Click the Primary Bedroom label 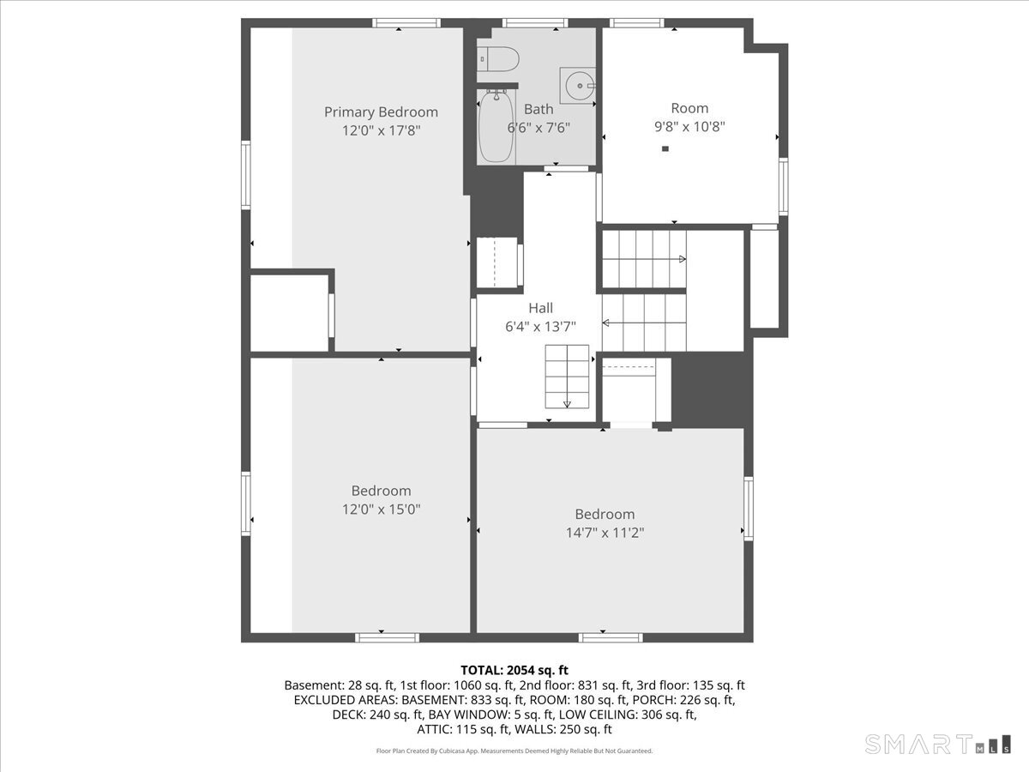[x=381, y=112]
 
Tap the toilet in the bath [x=498, y=59]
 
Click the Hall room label [x=540, y=308]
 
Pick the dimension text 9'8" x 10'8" [x=689, y=127]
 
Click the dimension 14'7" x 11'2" [x=605, y=533]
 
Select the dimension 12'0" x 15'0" [x=381, y=509]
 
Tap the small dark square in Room [x=665, y=149]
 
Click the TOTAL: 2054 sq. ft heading [x=514, y=670]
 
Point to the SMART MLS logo [x=937, y=744]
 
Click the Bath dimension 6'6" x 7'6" [x=539, y=128]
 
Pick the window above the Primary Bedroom [x=406, y=23]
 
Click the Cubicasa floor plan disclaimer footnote [x=514, y=751]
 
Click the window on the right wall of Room [x=784, y=186]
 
